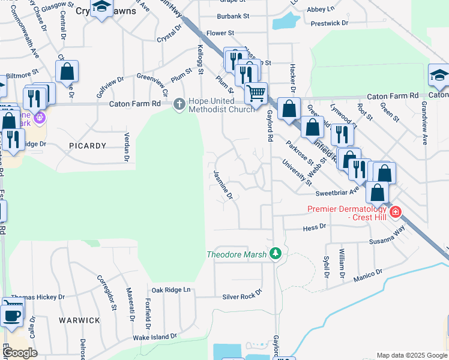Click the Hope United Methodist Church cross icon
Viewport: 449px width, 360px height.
178,104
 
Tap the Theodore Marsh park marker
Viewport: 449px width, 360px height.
276,254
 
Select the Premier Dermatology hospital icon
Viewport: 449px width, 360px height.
395,212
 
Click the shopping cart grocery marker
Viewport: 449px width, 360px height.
256,93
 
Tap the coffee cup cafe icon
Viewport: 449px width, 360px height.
11,315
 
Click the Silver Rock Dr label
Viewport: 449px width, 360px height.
243,293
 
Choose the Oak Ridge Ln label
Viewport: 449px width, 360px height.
170,290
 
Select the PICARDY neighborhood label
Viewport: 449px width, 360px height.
88,146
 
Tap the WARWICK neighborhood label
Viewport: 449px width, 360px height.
79,320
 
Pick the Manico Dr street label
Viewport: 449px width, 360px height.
368,277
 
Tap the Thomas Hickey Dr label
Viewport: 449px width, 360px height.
37,297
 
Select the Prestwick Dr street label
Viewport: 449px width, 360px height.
330,23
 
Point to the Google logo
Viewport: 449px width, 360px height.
20,353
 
